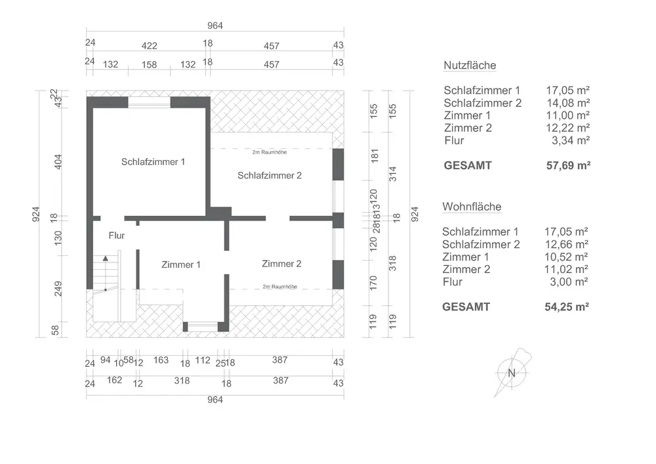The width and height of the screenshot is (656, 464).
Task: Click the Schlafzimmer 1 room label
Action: coord(154,161)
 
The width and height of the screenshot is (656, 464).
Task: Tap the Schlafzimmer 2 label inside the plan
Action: coord(270,175)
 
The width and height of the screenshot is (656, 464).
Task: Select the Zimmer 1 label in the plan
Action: coord(181,264)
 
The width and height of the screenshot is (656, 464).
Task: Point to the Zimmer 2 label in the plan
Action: coord(281,264)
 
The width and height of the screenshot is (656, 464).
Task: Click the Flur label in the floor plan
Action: coord(117,235)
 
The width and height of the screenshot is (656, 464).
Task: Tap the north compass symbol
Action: coord(512,372)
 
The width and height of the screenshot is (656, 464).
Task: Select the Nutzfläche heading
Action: coord(470,66)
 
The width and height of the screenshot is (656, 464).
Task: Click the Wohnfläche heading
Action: coord(472,207)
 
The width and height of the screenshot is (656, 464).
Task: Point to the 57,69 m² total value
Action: coord(569,165)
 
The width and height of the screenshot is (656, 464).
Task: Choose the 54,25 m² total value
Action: coord(567,306)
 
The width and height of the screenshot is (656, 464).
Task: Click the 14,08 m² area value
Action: coord(569,103)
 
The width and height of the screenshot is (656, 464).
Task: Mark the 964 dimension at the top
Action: coord(216,26)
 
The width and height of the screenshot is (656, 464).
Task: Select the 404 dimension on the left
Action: coord(57,161)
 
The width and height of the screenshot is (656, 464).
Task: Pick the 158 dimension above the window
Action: coord(150,64)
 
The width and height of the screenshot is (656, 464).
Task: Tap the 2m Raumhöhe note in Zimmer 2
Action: coord(280,287)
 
